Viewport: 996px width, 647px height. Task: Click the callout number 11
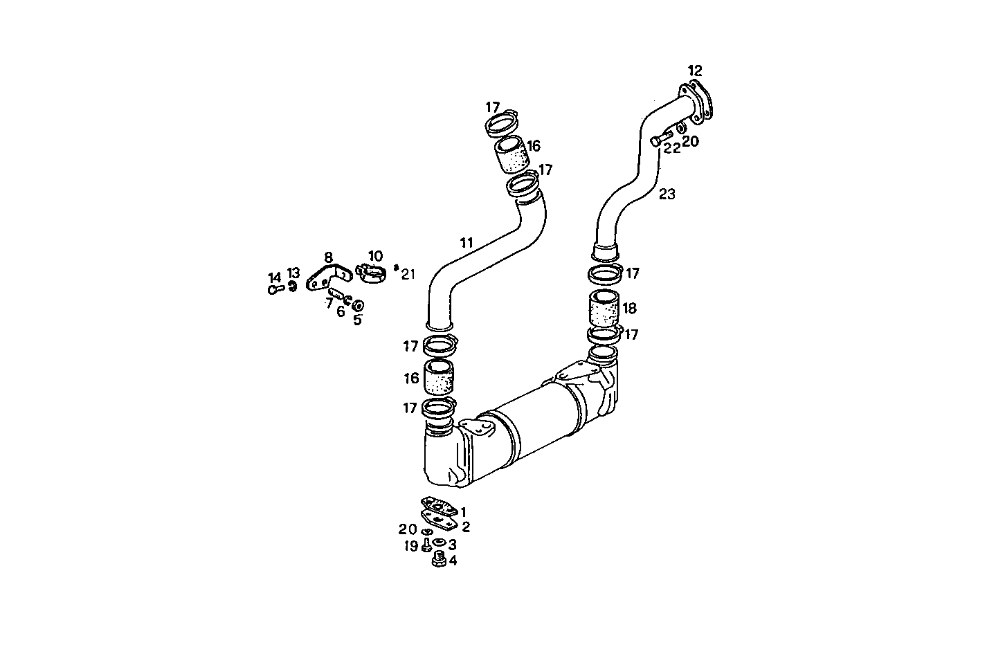467,242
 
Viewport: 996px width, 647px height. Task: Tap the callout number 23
667,194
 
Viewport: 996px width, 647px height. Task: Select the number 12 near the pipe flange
695,71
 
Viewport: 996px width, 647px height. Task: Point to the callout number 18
629,309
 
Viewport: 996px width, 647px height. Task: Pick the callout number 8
328,257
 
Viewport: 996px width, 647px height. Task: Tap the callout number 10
375,256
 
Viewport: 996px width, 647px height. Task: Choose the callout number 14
274,277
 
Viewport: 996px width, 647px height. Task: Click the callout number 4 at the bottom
453,561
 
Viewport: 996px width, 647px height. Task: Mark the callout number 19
411,547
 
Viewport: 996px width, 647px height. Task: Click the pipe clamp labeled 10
371,273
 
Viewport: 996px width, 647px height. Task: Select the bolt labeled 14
275,289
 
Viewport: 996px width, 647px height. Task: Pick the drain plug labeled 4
437,559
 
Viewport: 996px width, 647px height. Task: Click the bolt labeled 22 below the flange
658,140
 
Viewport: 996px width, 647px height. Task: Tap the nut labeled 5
359,305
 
